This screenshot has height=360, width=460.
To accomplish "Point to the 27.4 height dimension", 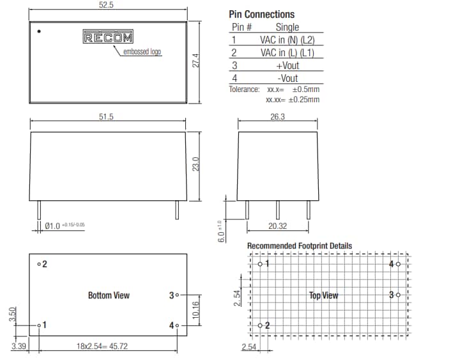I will point(197,61).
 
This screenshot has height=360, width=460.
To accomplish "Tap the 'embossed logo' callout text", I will point(142,52).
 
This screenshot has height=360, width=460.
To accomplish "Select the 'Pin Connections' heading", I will point(261,14).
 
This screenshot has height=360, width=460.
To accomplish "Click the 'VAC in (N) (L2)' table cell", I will point(287,40).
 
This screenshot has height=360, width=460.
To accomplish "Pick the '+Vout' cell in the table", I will point(287,65).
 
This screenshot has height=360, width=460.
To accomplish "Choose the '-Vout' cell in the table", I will point(287,78).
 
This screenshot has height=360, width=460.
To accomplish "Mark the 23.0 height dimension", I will point(197,164).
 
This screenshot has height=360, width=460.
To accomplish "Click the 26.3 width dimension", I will point(278,117).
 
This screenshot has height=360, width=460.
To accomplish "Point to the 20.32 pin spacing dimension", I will point(277,226).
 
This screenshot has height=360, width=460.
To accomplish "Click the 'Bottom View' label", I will point(109,295).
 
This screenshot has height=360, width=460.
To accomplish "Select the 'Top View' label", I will point(324,295).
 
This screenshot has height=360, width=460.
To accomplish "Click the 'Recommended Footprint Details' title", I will point(299,246).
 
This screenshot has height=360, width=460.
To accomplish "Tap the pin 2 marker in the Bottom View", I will point(39,264).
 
